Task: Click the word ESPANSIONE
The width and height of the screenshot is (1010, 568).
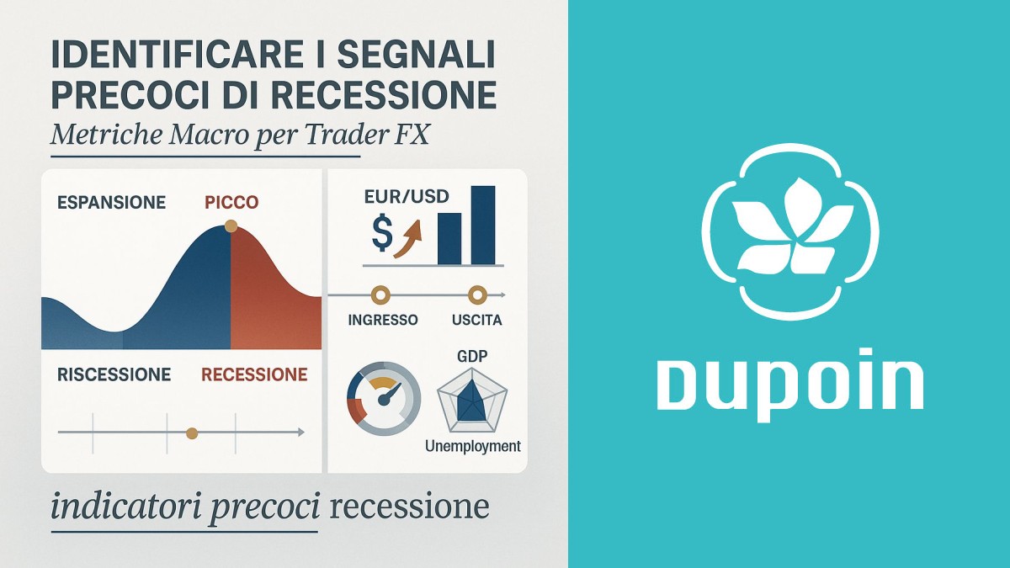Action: point(111,203)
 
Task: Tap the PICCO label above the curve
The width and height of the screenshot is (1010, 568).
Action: point(231,203)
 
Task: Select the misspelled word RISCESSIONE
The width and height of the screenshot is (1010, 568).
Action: point(114,374)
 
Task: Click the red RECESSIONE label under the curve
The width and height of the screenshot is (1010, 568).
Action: point(254,374)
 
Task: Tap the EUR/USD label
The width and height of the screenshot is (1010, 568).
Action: point(407,198)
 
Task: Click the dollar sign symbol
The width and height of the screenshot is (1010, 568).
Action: point(381,236)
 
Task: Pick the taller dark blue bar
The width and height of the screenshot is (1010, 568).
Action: point(483,225)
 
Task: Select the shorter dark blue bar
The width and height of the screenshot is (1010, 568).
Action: point(449,238)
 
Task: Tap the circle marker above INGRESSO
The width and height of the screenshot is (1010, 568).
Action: point(380,295)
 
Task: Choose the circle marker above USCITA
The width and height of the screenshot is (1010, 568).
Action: point(477,295)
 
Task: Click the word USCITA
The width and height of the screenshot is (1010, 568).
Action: point(477,321)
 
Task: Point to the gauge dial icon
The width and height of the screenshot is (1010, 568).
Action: point(383,399)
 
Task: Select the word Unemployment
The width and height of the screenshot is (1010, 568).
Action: point(473,446)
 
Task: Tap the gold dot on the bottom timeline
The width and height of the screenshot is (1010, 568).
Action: point(192,433)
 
